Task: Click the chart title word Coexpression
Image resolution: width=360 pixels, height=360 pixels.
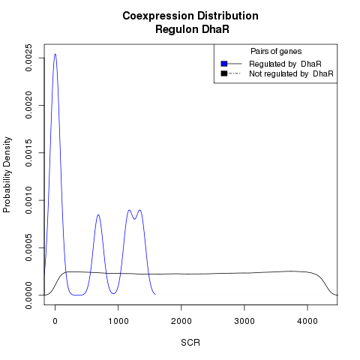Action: point(158,16)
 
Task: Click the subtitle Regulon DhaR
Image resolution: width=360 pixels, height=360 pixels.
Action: point(192,29)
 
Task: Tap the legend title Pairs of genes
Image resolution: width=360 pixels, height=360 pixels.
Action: point(276,52)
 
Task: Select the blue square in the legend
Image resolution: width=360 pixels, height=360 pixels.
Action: point(224,64)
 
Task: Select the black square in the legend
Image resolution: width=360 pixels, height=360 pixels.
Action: point(224,73)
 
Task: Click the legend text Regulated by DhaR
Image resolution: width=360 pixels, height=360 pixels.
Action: point(285,64)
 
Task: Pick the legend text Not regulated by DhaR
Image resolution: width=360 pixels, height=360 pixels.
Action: point(291,73)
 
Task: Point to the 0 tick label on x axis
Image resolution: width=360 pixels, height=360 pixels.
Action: point(55,321)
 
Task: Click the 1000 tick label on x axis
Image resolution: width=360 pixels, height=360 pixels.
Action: point(118,321)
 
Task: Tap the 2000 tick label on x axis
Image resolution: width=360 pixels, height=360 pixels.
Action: point(181,321)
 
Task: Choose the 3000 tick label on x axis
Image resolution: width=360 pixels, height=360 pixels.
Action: point(244,321)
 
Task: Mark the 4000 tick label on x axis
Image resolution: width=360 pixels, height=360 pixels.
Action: point(307,321)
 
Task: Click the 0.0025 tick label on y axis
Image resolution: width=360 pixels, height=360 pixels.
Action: point(28,58)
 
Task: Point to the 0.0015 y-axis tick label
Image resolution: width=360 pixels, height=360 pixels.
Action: point(28,153)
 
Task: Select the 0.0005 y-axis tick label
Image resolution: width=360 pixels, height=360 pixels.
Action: point(28,247)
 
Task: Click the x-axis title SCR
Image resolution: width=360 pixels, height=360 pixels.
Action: point(190,343)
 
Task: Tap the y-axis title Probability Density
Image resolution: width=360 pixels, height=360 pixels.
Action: point(7,175)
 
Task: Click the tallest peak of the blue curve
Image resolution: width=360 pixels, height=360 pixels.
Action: point(55,54)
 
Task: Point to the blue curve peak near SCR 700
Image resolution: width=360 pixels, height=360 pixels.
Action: point(98,214)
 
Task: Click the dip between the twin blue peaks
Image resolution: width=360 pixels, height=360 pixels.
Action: point(134,219)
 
